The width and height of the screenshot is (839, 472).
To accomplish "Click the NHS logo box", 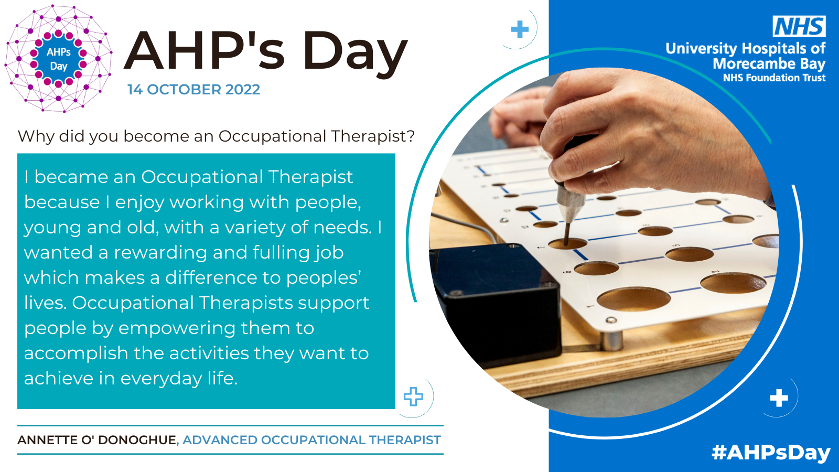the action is pyautogui.click(x=799, y=26).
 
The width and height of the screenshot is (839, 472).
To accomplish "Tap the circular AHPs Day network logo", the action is pyautogui.click(x=58, y=58).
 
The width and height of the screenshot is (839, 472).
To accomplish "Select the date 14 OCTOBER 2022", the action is pyautogui.click(x=193, y=90).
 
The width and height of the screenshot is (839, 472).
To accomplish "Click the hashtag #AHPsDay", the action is pyautogui.click(x=771, y=452).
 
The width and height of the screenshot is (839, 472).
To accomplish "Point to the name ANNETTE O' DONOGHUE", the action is pyautogui.click(x=97, y=440).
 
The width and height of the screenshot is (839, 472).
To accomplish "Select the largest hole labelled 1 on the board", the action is pyautogui.click(x=633, y=299).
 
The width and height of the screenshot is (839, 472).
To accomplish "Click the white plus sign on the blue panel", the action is pyautogui.click(x=779, y=398).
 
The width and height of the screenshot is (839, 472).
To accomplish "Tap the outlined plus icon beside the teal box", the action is pyautogui.click(x=413, y=396).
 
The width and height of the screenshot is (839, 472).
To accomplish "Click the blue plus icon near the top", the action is pyautogui.click(x=520, y=29).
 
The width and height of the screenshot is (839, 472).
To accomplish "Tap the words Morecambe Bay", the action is pyautogui.click(x=769, y=64).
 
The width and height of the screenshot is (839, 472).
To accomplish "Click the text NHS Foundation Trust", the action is pyautogui.click(x=774, y=78).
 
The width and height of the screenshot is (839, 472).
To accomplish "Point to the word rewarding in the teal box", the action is pyautogui.click(x=160, y=253).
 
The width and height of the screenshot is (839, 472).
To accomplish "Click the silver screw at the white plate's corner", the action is pyautogui.click(x=611, y=320).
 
